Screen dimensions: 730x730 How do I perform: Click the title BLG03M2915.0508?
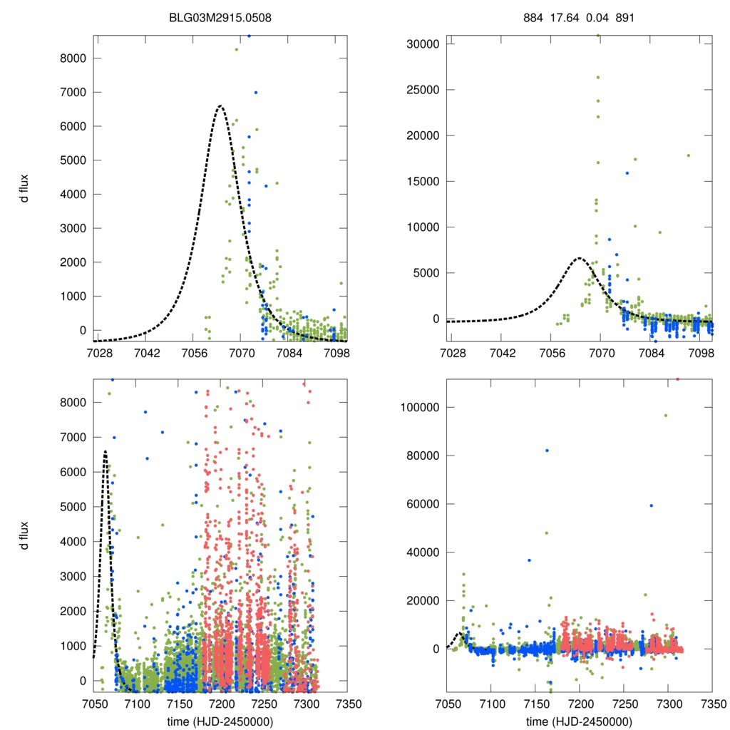[220, 16]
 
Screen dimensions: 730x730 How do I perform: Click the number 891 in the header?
[624, 16]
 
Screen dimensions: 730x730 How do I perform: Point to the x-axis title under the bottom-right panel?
[579, 721]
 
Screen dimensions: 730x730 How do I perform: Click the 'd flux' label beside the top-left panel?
[25, 189]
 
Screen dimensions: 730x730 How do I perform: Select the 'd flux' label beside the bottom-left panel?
[25, 535]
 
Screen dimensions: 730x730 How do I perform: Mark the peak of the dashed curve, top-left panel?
[220, 106]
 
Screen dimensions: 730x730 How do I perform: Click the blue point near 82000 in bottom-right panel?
[547, 451]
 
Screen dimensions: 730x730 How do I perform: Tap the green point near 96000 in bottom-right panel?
[666, 416]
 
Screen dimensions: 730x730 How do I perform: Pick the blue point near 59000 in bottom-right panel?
[651, 505]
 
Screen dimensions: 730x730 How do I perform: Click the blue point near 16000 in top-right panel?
[627, 173]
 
